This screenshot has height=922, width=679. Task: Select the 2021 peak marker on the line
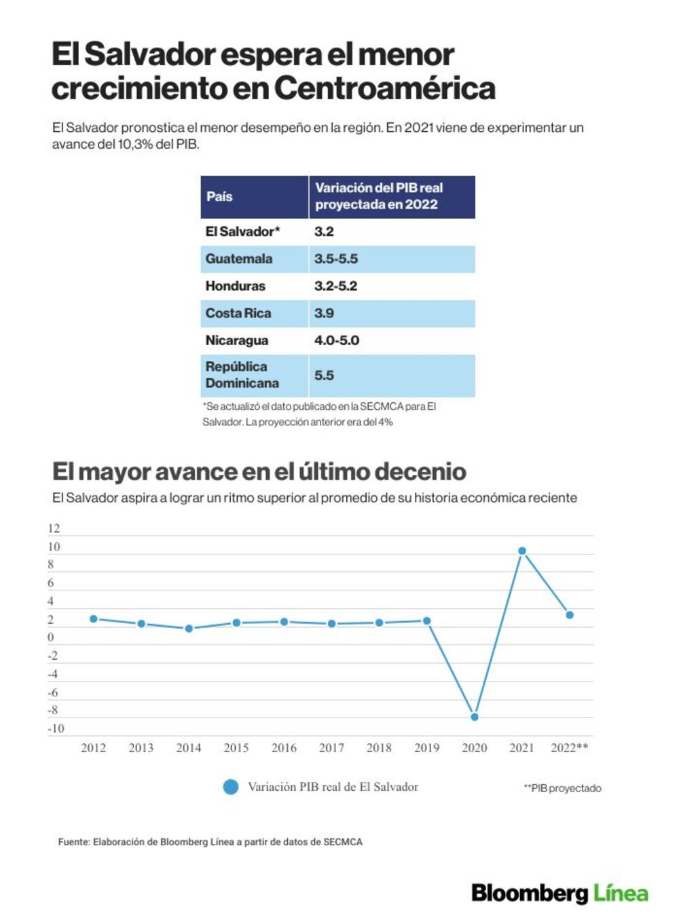click(522, 551)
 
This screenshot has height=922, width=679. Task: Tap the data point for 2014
click(189, 628)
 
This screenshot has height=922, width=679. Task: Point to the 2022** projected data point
click(570, 615)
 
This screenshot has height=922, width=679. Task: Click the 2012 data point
click(93, 619)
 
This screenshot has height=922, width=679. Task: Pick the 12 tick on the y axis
click(54, 529)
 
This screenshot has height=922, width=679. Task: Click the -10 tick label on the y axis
click(56, 728)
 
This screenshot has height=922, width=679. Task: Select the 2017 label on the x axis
click(331, 748)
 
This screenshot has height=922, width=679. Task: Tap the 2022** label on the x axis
click(570, 747)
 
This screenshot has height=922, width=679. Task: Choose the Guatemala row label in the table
click(239, 259)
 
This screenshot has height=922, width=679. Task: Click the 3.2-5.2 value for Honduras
click(336, 286)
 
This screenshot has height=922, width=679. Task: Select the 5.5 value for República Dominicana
click(324, 375)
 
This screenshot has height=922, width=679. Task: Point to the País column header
click(219, 196)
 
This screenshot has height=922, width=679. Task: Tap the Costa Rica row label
click(238, 313)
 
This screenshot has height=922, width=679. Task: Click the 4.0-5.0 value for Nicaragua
click(337, 340)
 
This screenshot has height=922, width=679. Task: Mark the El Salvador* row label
click(242, 231)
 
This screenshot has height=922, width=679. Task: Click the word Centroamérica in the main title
click(384, 88)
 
